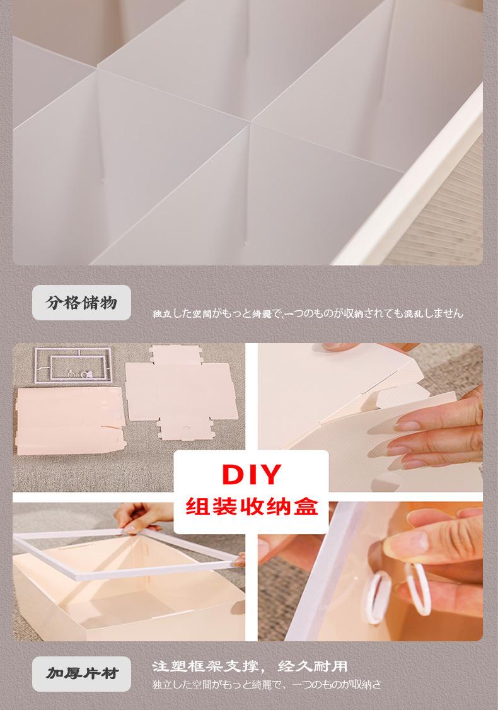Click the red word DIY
click(252, 474)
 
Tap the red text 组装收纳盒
click(252, 506)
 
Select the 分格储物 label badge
click(81, 303)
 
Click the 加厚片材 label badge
click(81, 673)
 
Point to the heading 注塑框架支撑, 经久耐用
click(250, 666)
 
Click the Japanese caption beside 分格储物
click(308, 313)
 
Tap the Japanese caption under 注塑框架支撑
click(267, 685)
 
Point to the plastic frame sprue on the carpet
click(73, 365)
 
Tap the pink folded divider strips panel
click(69, 420)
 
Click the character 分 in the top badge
click(54, 303)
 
